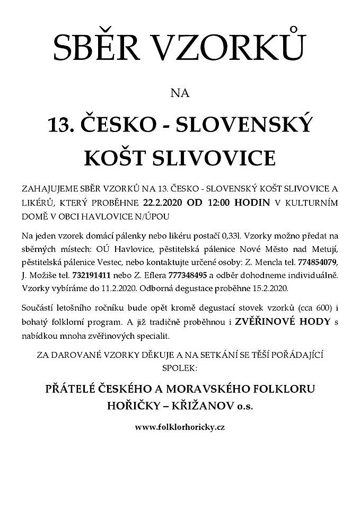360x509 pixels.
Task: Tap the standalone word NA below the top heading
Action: coord(180,93)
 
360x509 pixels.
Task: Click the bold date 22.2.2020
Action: coord(162,202)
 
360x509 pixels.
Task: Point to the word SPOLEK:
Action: coord(180,366)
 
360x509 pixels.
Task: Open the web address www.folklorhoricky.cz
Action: coord(180,427)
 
